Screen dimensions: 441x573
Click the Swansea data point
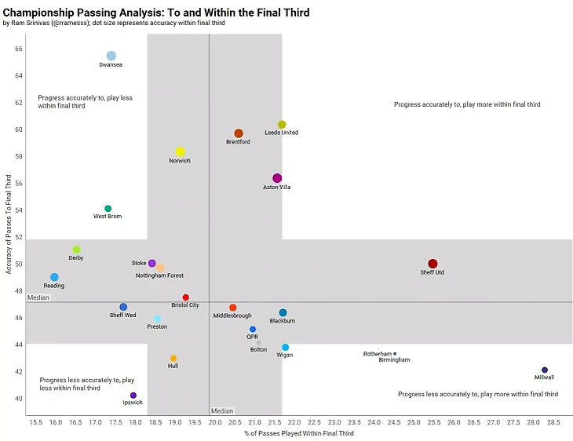tap(111, 56)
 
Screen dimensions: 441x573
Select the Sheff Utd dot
tap(432, 264)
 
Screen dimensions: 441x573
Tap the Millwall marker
tap(545, 370)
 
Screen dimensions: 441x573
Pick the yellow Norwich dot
tap(180, 151)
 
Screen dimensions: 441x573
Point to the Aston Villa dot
tap(277, 178)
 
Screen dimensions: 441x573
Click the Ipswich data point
tap(133, 395)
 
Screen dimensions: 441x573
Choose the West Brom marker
tap(108, 209)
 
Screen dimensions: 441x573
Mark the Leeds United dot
tap(282, 125)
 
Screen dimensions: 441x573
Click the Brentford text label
tap(238, 142)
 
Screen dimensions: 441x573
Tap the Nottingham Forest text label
tap(160, 275)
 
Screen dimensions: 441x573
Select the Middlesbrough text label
tap(232, 315)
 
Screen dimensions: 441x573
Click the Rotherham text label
tap(377, 354)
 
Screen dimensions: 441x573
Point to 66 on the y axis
tap(18, 49)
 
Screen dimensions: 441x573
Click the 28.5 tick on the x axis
tap(553, 422)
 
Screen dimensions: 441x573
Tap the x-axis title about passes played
tap(298, 434)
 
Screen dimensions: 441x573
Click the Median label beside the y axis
tap(38, 298)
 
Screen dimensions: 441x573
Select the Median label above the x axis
tap(222, 410)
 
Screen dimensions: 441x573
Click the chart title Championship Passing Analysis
tap(156, 13)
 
